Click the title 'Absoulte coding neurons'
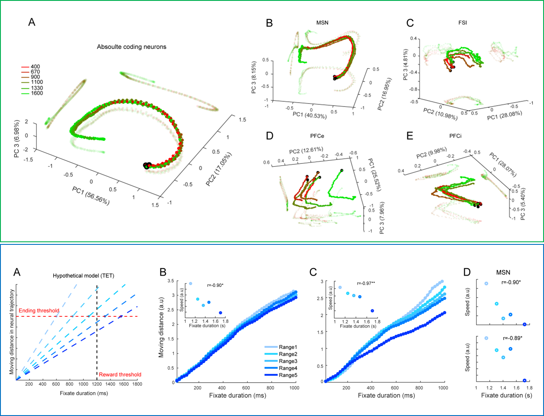131,47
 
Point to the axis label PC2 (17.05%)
219,169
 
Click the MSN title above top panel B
322,23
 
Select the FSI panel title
463,23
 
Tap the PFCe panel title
317,136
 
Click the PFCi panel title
455,136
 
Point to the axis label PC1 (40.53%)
309,116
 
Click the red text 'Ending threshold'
39,311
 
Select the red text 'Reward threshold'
120,375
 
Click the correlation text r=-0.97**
367,283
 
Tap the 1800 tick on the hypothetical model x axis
137,384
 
